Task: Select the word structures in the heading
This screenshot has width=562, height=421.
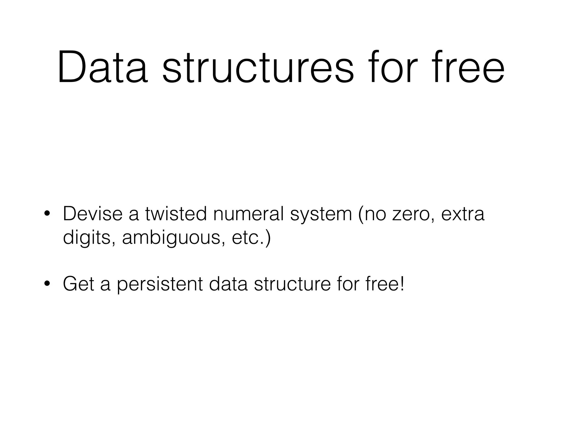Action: point(258,67)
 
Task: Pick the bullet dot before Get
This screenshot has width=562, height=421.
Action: point(47,284)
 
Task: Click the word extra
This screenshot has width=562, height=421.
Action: point(463,214)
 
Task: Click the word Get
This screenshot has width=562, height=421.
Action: point(78,284)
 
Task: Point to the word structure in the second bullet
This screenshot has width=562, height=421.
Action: point(293,284)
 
